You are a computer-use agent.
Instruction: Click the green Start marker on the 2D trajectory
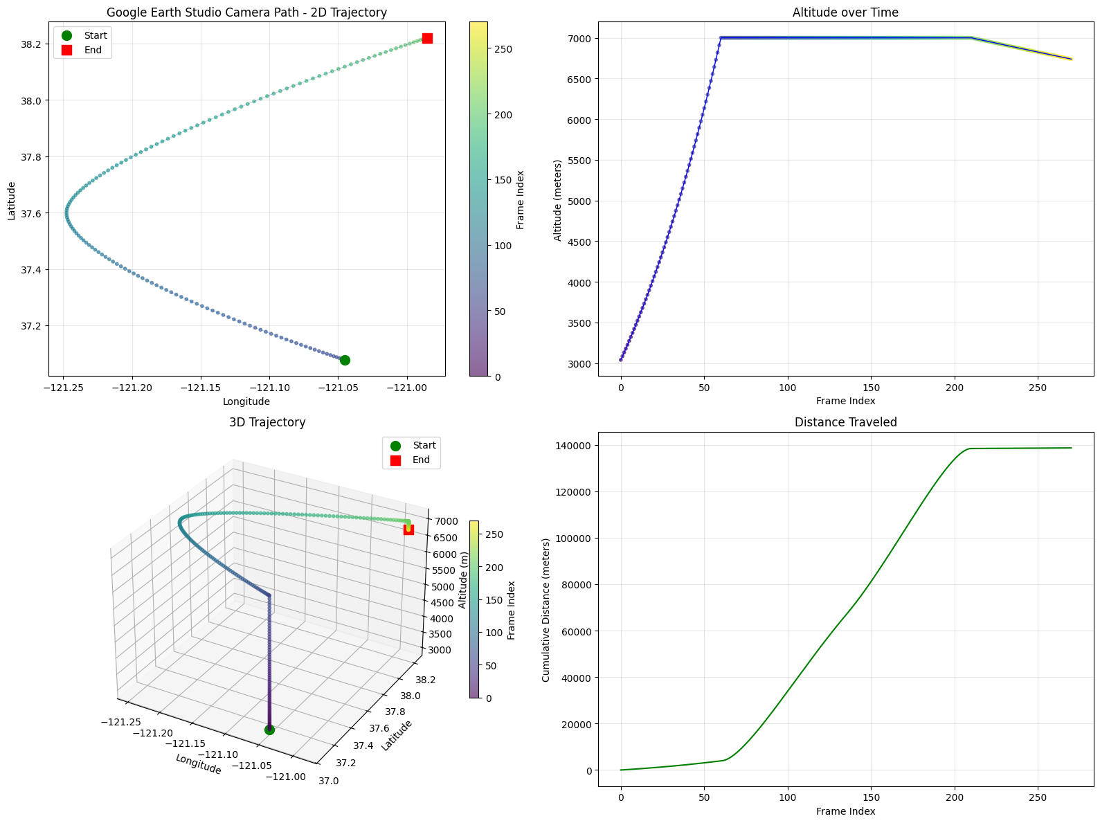point(345,360)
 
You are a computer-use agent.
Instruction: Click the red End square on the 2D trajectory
point(427,38)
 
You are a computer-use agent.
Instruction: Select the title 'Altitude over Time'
point(845,12)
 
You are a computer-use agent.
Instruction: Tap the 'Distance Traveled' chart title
point(845,422)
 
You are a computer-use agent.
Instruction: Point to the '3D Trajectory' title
point(267,422)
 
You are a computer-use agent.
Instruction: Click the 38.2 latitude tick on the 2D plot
point(30,44)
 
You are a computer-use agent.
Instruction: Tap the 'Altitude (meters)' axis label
point(558,197)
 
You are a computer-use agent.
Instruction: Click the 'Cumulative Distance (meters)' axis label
point(546,607)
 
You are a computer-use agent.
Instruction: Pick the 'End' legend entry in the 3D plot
point(421,460)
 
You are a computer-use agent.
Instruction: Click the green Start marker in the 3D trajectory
point(269,730)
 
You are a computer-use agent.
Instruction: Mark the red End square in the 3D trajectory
point(408,530)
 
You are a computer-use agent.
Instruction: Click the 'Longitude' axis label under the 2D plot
point(246,401)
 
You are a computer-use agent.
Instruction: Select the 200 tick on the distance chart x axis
point(954,797)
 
